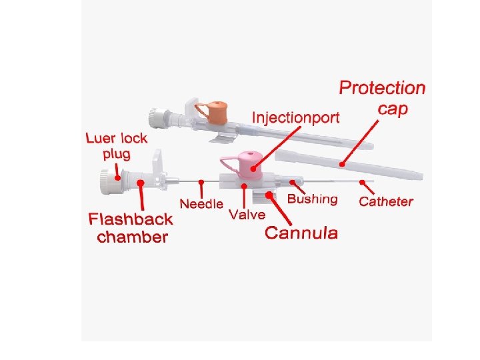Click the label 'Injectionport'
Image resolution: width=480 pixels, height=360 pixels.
click(x=295, y=118)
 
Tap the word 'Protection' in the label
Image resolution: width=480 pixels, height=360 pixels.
click(x=382, y=88)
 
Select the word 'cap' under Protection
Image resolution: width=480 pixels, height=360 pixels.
click(x=393, y=109)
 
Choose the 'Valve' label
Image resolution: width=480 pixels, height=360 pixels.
click(x=247, y=215)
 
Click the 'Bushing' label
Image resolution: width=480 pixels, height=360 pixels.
click(x=312, y=199)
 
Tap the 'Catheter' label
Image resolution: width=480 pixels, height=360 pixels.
click(x=386, y=201)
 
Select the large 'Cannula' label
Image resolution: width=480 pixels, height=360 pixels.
click(x=301, y=233)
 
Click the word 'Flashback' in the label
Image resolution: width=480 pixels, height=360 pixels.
click(x=131, y=219)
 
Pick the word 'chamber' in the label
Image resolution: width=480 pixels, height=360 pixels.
click(x=133, y=237)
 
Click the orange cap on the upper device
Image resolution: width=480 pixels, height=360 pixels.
click(x=217, y=109)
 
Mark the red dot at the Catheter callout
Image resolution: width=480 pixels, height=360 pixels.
click(x=362, y=181)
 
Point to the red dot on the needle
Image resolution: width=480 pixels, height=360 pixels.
click(x=201, y=181)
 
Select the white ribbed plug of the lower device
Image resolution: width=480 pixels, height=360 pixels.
click(x=106, y=181)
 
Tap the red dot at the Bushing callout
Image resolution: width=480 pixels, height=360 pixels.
click(x=291, y=181)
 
